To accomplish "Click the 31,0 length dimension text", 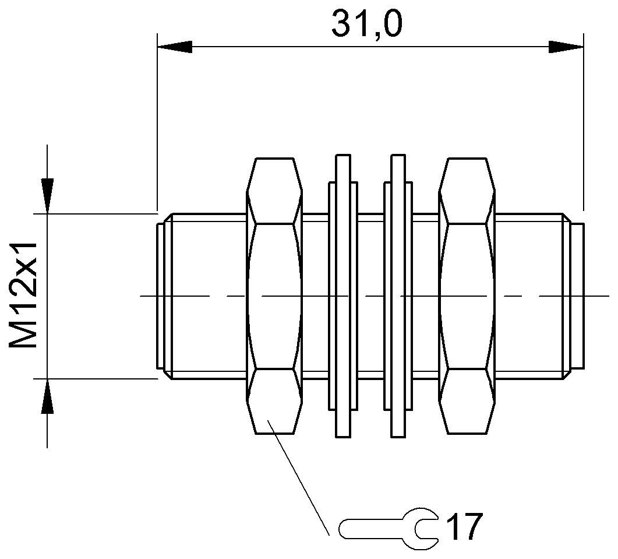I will (x=367, y=24).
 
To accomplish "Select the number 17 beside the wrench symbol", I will (x=464, y=528).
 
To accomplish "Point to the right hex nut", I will (x=467, y=296).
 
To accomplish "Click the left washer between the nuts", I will (x=342, y=296).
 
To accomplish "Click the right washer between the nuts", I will (x=398, y=296).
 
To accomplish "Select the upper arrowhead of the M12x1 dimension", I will (x=47, y=195).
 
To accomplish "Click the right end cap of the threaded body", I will (x=577, y=296).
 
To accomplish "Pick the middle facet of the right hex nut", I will (x=467, y=296).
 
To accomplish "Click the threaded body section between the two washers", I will (x=370, y=296).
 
